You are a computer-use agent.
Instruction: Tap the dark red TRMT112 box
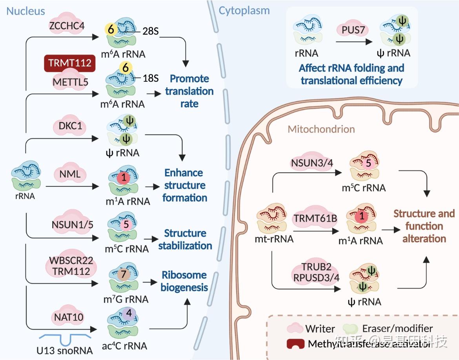tap(70, 63)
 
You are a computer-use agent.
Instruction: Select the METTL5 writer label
tap(71, 82)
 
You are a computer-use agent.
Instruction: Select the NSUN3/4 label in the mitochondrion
tap(312, 162)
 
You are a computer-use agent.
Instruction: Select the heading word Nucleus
tap(26, 11)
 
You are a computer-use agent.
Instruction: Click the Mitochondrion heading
tap(321, 129)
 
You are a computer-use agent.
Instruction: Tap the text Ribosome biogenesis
tap(184, 281)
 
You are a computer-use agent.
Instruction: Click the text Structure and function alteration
tap(424, 226)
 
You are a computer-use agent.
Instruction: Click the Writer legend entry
tap(319, 329)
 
